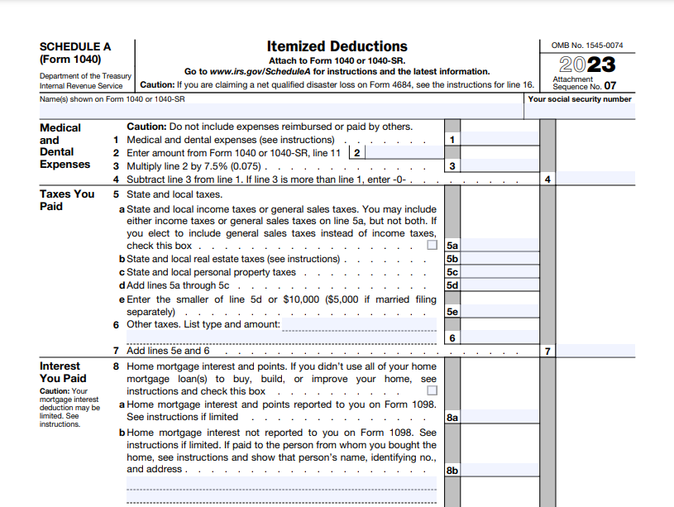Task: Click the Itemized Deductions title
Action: tap(337, 46)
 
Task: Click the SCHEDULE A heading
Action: tap(75, 47)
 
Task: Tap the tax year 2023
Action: tap(586, 65)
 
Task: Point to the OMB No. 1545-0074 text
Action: tap(587, 45)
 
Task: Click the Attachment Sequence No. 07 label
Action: tap(584, 83)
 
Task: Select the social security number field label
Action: tap(591, 99)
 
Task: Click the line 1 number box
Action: tap(452, 140)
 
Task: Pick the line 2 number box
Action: tap(356, 152)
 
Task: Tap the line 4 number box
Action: tap(547, 179)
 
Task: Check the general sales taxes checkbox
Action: tap(432, 246)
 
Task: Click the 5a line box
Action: tap(452, 246)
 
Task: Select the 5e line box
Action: tap(452, 312)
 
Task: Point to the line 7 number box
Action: tap(547, 351)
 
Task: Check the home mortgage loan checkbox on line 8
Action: tap(432, 391)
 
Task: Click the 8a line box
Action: tap(452, 418)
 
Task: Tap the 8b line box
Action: tap(452, 470)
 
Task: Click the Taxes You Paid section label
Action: tap(67, 200)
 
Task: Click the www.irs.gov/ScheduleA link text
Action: tap(261, 72)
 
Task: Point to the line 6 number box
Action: tap(452, 337)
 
